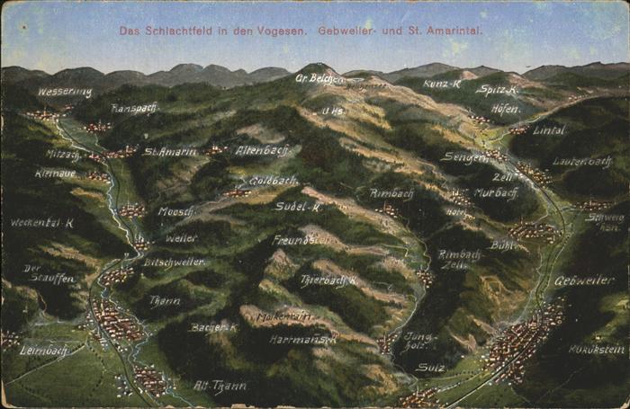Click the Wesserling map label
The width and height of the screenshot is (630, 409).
[64, 92]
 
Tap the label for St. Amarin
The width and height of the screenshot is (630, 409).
[169, 151]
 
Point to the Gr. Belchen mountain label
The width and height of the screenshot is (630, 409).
[319, 78]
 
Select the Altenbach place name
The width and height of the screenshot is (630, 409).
[263, 150]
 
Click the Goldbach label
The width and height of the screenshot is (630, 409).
[274, 180]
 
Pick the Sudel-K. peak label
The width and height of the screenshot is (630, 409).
[298, 206]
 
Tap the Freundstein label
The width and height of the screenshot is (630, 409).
[301, 240]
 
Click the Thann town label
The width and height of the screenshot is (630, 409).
[165, 300]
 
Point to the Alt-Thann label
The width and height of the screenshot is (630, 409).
[220, 386]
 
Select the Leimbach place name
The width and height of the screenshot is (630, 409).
[45, 350]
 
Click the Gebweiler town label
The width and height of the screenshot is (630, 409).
[584, 280]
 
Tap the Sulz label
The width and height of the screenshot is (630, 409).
[430, 367]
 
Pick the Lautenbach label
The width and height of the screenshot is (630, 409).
[581, 162]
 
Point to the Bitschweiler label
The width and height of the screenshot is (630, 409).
[174, 262]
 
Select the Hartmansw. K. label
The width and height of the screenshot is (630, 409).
[302, 340]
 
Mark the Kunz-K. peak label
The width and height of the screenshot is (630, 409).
[442, 84]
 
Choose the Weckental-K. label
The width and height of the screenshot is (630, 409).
[41, 222]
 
